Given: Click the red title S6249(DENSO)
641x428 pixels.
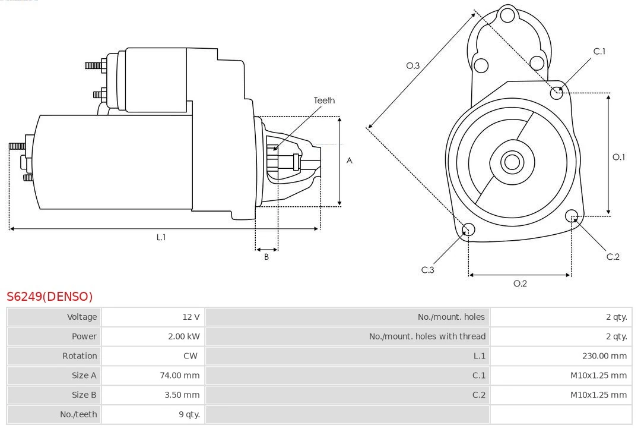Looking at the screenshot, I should coord(50,296).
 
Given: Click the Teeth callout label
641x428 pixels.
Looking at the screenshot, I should coord(324,100).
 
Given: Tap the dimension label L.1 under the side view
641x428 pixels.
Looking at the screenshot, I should coord(161,237).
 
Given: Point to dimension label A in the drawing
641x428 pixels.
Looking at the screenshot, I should coord(349,160).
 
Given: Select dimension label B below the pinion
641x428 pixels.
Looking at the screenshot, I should coord(266,257).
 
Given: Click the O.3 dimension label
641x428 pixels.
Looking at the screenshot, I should coord(413,65).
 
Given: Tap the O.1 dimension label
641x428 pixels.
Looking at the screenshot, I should coord(618,157).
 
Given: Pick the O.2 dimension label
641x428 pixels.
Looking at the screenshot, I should coord(520,284).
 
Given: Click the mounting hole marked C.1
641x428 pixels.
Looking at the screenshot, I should coord(557,92).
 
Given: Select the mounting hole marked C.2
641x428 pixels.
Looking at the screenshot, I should coord(572,215).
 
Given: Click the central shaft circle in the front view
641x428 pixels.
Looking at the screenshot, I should coord(511,162).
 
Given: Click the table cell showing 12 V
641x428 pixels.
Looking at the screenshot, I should coord(191,317).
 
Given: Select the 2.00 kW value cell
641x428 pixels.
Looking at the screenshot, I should coord(184,336).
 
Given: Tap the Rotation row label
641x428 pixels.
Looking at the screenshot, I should coord(80,356).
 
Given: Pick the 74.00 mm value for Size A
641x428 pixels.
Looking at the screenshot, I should coord(180,376).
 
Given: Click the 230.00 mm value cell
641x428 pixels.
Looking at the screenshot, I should coord(604,356).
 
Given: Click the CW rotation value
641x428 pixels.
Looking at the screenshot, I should coord(192,356).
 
